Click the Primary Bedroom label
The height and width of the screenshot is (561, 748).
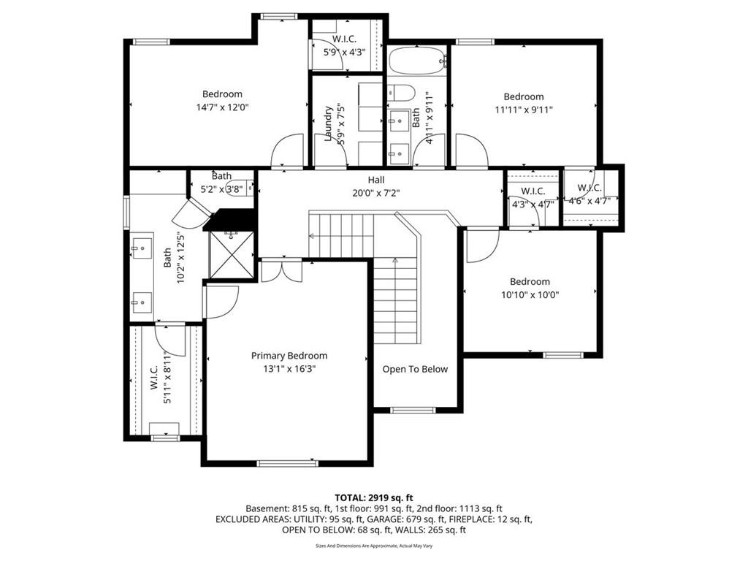click(289, 356)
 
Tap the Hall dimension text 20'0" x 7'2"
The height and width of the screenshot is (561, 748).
click(376, 193)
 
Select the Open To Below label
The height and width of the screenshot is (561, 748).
click(415, 369)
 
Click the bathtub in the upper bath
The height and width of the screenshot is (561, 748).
click(417, 61)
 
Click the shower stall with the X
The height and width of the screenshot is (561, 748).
click(232, 253)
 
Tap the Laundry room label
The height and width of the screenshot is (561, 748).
click(328, 123)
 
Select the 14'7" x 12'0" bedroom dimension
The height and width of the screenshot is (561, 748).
click(223, 107)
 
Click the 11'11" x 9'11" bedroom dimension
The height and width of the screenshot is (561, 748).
click(524, 110)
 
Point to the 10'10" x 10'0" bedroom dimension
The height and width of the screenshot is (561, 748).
click(530, 295)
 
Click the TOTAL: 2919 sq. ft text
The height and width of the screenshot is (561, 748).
click(374, 498)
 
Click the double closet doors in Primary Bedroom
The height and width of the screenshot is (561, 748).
click(282, 270)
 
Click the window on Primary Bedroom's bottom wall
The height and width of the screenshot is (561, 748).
click(287, 462)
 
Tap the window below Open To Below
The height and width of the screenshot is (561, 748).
click(413, 410)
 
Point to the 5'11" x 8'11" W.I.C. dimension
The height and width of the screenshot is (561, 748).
click(167, 378)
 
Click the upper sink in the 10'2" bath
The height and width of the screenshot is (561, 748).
click(142, 248)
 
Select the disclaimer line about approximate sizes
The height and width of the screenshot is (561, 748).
click(374, 545)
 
